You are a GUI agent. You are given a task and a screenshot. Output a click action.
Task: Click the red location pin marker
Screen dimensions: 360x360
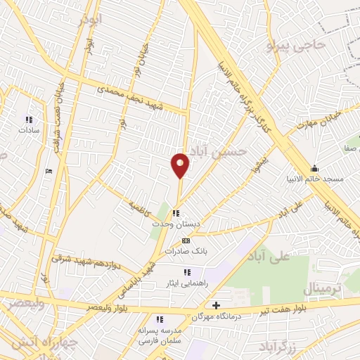pyautogui.click(x=180, y=165)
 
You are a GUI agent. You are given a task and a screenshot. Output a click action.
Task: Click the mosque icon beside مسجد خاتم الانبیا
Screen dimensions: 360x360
pyautogui.click(x=314, y=167)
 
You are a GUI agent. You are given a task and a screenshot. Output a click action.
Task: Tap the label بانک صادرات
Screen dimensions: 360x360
pyautogui.click(x=185, y=250)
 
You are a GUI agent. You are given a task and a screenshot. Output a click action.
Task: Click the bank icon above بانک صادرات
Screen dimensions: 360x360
pyautogui.click(x=185, y=240)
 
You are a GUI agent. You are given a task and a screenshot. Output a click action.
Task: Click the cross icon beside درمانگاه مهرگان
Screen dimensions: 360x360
pyautogui.click(x=216, y=304)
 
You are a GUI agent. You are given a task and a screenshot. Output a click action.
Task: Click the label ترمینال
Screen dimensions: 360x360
pyautogui.click(x=323, y=288)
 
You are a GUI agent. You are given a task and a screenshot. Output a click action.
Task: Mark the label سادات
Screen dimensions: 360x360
pyautogui.click(x=28, y=130)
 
